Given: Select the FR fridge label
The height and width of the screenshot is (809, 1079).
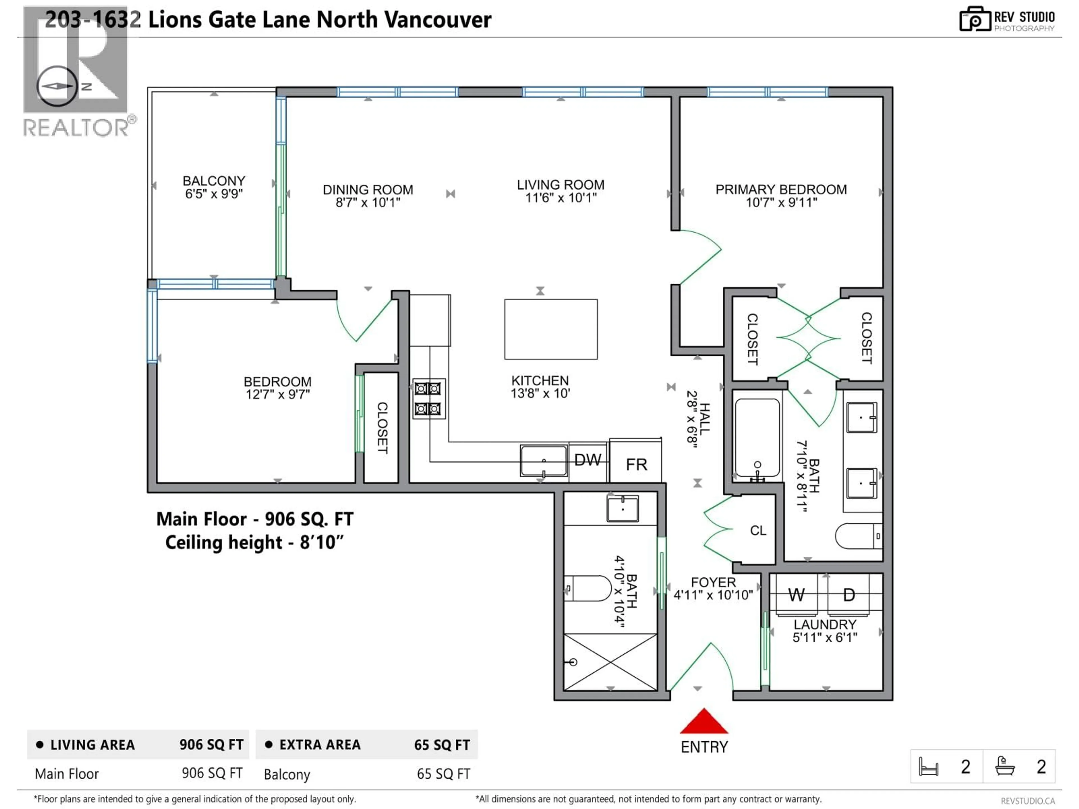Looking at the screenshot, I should pos(636,464).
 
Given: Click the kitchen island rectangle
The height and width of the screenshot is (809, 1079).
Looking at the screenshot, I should pos(551,329).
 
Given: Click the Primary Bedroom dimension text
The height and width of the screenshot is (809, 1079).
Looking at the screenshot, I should pos(781,202).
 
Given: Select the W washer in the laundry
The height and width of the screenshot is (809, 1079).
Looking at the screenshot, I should pos(796,595).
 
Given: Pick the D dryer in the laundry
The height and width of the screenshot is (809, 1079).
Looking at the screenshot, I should pos(849,595).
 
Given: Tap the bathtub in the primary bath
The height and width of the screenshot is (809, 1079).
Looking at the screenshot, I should pos(757,437).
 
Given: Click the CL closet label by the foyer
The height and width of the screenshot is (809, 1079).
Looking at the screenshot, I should pos(758,531).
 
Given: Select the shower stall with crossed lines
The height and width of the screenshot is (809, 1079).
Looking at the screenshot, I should pos(610,662).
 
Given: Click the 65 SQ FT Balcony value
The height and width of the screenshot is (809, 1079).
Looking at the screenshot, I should pos(443,774).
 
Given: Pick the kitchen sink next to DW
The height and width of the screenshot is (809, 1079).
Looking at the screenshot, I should pos(543,460).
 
